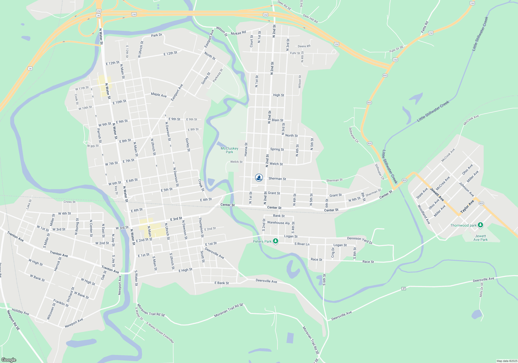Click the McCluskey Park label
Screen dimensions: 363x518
(x=229, y=150)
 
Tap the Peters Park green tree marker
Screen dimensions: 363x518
(x=276, y=241)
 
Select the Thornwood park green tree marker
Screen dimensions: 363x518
(x=480, y=225)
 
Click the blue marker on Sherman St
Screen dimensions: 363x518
(x=259, y=178)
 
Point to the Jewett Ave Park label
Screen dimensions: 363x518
(x=480, y=238)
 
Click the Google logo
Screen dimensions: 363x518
(x=9, y=360)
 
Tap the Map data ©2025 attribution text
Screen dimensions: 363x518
(x=507, y=361)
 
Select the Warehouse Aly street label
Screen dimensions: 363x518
(x=278, y=223)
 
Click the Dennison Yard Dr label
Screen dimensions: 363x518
(x=360, y=240)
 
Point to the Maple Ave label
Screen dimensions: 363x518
(x=159, y=95)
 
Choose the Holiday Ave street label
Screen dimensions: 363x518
(x=20, y=312)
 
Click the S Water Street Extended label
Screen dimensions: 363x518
(x=160, y=332)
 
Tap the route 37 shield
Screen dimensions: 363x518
(x=404, y=289)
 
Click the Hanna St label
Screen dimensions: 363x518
(x=246, y=149)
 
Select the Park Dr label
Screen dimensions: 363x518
(x=156, y=35)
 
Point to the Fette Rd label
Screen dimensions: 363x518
(x=425, y=27)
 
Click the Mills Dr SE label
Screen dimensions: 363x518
(x=481, y=290)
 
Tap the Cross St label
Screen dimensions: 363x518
(x=69, y=202)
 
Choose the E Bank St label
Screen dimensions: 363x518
(x=221, y=283)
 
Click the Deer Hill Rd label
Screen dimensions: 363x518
(x=310, y=19)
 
